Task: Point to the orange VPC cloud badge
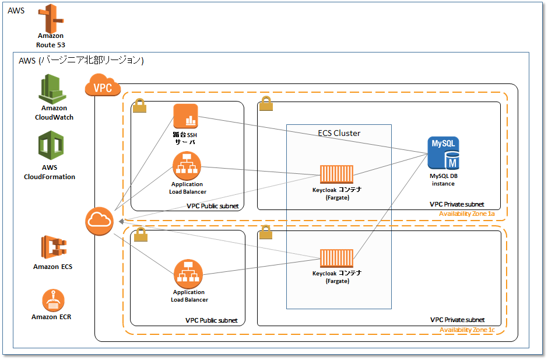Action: [103, 87]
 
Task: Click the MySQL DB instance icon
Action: [444, 153]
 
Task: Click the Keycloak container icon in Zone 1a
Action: [336, 174]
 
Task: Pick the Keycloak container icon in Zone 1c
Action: [336, 259]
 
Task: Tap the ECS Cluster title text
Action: [339, 133]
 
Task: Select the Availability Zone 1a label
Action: [466, 215]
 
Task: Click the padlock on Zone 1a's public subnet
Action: [139, 105]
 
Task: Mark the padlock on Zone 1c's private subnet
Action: [265, 233]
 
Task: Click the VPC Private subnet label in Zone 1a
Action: [456, 204]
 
